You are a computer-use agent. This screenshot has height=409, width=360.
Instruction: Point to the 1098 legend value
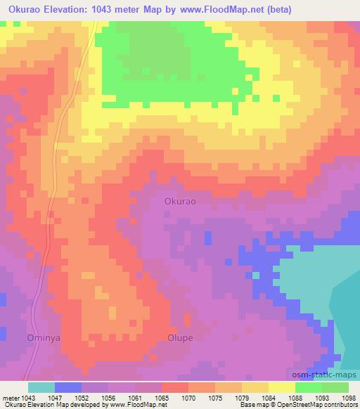[349, 397]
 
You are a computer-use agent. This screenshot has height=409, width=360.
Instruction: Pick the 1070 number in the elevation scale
[189, 397]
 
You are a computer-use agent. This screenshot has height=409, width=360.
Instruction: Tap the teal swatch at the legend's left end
[41, 387]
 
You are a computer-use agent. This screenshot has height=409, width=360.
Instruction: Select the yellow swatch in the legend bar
[281, 387]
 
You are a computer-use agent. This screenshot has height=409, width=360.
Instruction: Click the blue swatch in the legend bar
[68, 387]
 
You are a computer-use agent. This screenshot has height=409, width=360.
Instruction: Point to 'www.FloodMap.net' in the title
[219, 10]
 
